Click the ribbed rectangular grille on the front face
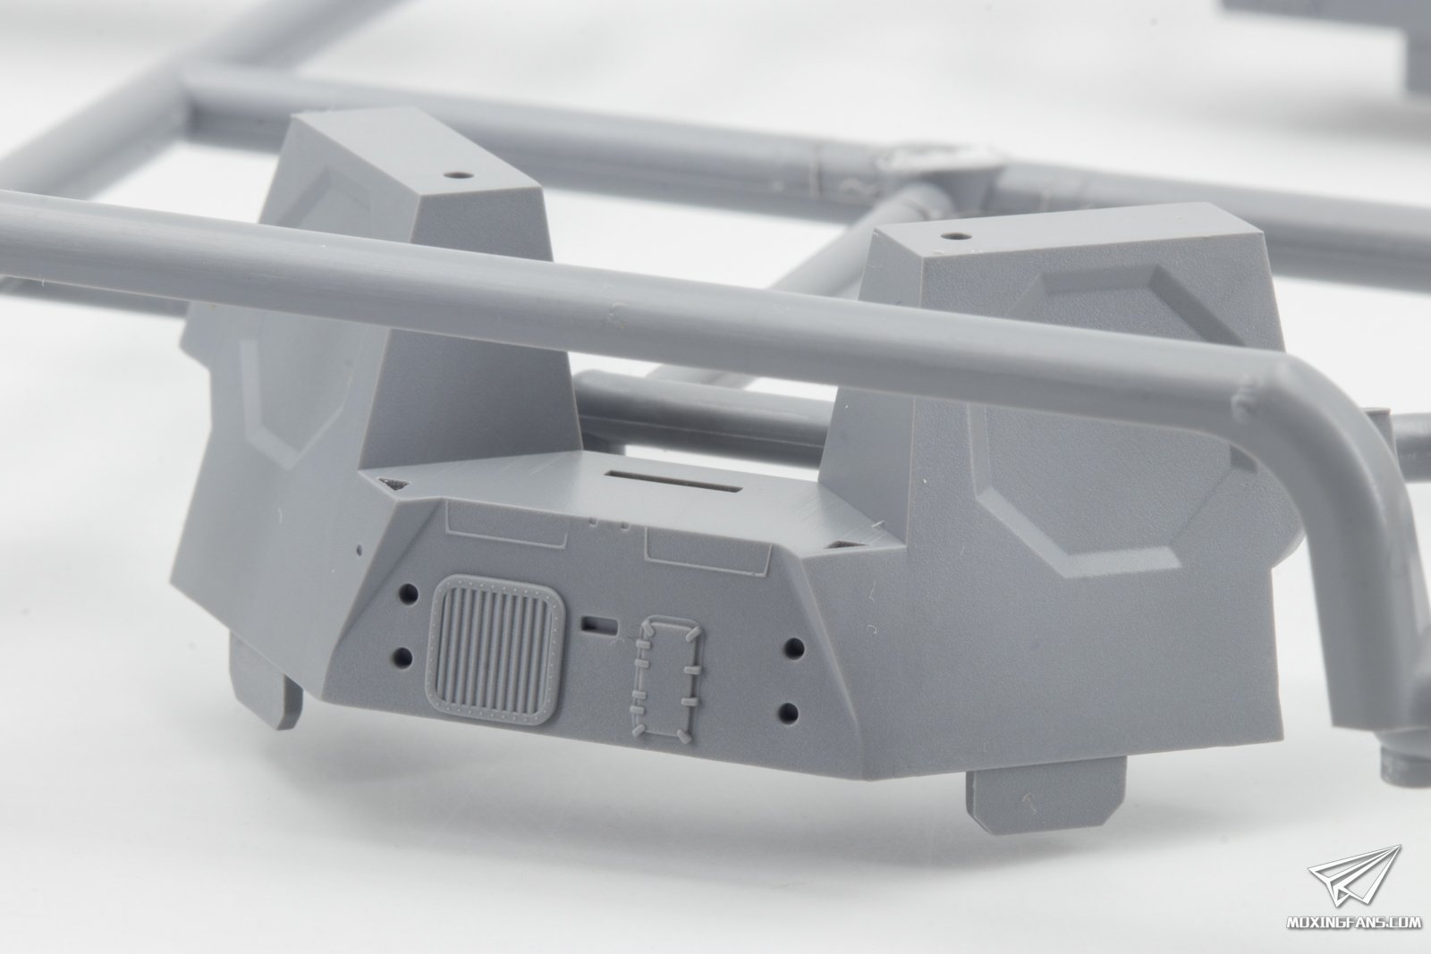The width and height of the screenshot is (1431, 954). [x=495, y=649]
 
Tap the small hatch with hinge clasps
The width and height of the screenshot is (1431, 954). [x=665, y=678]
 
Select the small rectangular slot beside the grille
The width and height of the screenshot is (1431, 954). [x=599, y=625]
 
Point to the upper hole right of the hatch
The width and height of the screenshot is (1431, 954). [x=794, y=648]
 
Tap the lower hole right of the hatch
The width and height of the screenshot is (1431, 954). [x=790, y=712]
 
